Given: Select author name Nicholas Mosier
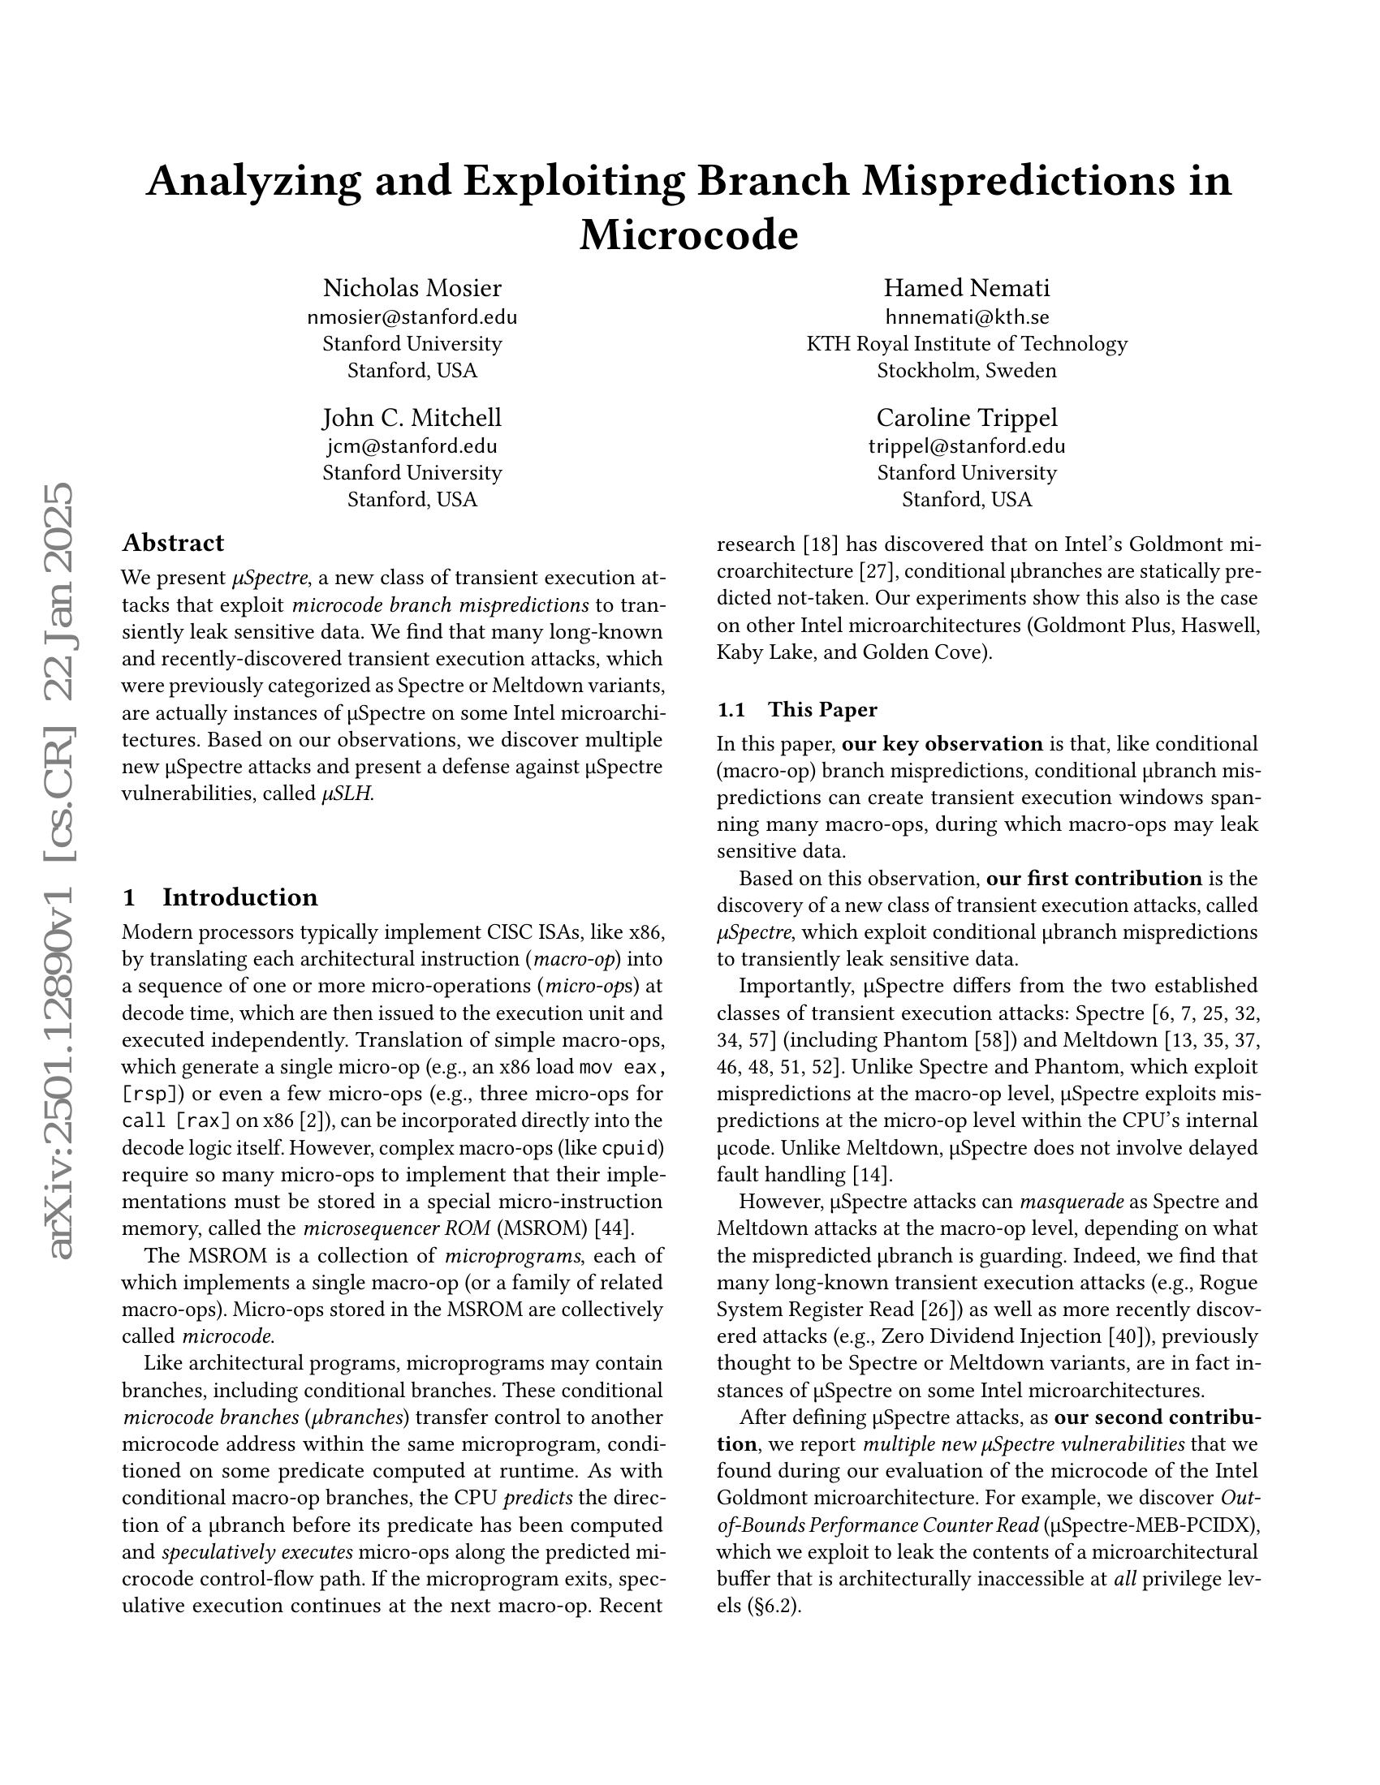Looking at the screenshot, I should coord(412,288).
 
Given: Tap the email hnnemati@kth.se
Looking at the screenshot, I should coord(966,316).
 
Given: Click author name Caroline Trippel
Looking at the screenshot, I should coord(966,418).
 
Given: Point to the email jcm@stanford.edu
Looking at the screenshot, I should coord(412,446).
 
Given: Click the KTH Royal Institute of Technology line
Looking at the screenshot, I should coord(966,343).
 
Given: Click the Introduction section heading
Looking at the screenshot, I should coord(239,897).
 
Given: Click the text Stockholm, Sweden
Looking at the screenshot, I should coord(966,370).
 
